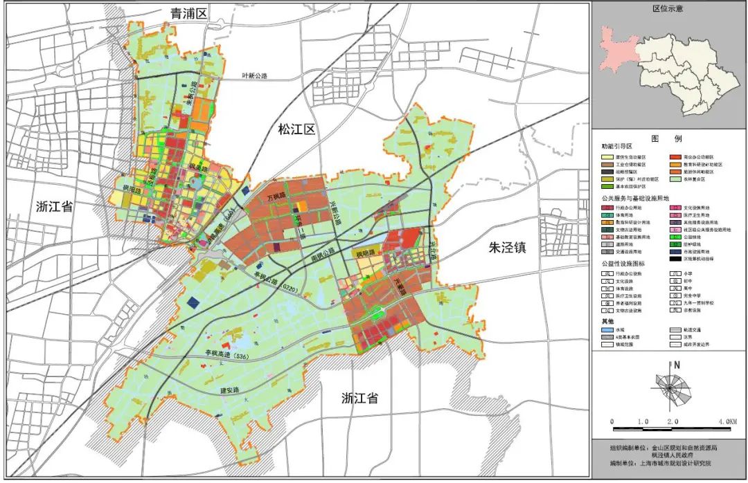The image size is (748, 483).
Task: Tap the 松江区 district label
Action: tap(296, 128)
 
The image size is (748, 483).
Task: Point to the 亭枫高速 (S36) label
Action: tap(230, 356)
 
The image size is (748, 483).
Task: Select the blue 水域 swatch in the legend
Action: tap(607, 331)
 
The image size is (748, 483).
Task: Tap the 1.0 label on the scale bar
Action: tap(642, 421)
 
